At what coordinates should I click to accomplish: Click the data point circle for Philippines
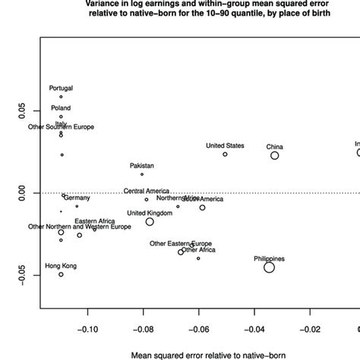coord(269,267)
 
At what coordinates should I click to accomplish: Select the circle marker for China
coord(275,155)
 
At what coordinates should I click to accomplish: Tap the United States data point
coord(225,154)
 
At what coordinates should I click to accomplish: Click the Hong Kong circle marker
coord(61,274)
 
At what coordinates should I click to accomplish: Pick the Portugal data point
coord(61,97)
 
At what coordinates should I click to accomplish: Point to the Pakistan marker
coord(142,174)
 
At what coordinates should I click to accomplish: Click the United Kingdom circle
coord(150,222)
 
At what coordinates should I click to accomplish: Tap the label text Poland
coord(61,108)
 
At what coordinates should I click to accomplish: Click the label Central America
coord(146,191)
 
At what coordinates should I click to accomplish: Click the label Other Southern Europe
coord(62,127)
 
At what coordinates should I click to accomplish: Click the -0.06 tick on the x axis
coord(199,330)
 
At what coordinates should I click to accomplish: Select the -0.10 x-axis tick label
coord(89,330)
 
